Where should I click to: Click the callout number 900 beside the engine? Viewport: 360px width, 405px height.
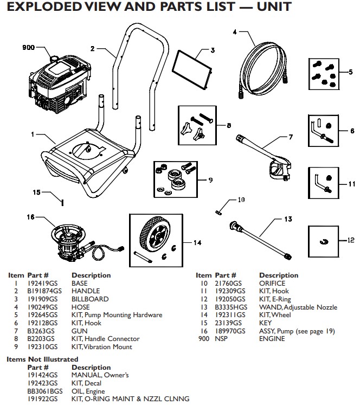tap(28, 48)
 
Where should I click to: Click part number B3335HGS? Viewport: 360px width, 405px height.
tap(232, 307)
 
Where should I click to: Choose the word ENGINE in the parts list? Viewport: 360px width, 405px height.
tap(273, 339)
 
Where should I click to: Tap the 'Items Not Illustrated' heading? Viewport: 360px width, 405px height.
tap(42, 359)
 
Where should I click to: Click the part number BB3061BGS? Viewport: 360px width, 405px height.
tap(44, 390)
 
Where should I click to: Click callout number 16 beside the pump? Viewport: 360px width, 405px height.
tap(30, 217)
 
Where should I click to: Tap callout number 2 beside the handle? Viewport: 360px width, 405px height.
tap(93, 49)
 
